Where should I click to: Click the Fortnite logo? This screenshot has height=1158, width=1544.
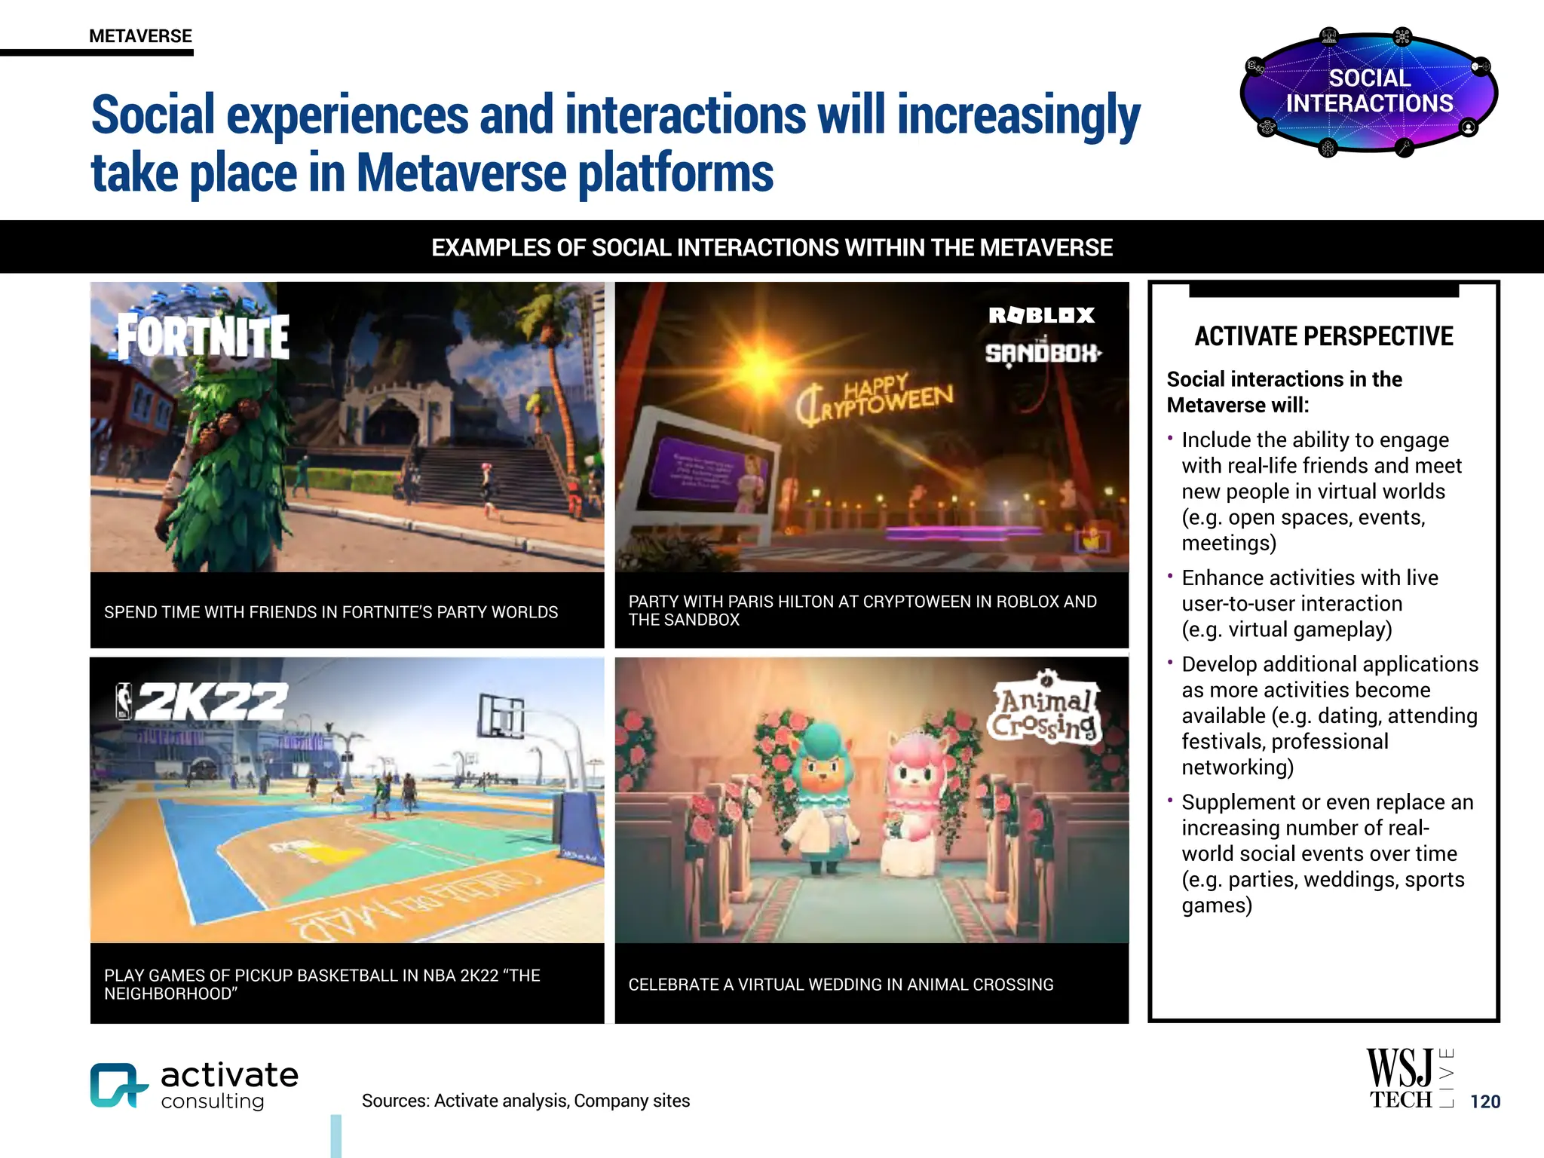pos(203,335)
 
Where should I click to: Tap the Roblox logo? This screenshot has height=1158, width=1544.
pos(1041,315)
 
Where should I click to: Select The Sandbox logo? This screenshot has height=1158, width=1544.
pos(1043,352)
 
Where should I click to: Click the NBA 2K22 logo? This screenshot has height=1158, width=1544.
pos(202,701)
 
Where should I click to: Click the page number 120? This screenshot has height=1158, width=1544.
pos(1484,1101)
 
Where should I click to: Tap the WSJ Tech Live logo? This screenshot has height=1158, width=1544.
pos(1409,1079)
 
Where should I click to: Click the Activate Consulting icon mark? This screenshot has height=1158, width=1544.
pos(118,1085)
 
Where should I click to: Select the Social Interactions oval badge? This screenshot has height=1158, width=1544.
pos(1368,91)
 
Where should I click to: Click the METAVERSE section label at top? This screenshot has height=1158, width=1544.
pos(140,36)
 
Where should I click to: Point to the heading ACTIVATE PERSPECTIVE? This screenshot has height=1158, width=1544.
pos(1324,336)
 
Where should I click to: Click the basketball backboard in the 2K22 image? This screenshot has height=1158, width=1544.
pos(501,715)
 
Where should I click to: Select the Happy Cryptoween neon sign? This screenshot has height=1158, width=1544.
pos(875,400)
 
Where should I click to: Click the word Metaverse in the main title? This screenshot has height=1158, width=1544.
pos(461,173)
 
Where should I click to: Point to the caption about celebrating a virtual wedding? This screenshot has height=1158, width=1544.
pos(841,985)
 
